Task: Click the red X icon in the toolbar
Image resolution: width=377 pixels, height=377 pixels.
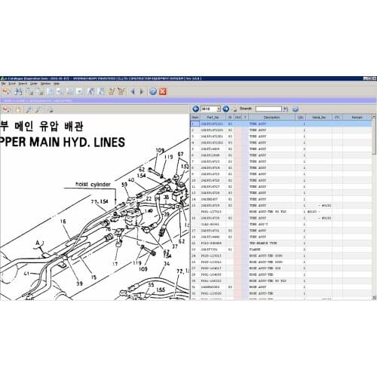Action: coord(162,91)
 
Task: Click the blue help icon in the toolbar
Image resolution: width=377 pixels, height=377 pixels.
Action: coord(152,91)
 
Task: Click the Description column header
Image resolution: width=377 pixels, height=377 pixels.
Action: coord(271,117)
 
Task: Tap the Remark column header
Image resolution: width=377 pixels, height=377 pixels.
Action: coord(357,117)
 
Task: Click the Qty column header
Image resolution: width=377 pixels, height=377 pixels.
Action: coord(300,117)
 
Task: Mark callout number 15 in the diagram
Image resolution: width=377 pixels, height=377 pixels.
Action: coord(93,277)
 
